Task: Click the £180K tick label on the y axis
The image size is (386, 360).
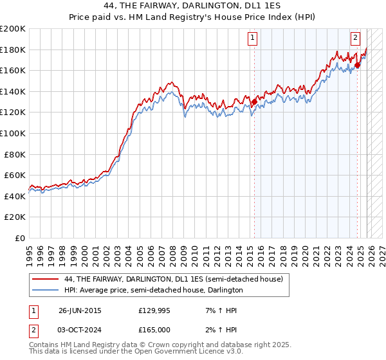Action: coord(12,50)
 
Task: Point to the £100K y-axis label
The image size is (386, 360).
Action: coord(12,133)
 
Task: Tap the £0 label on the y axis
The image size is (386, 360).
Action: coord(19,238)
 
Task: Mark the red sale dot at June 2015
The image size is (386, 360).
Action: coord(254,102)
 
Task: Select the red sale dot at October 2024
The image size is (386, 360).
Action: coord(357,65)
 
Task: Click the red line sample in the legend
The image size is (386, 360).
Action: coord(45,280)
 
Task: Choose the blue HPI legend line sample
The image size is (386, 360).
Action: coord(45,291)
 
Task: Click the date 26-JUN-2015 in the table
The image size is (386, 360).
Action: coord(80,310)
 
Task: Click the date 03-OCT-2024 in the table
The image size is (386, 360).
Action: coord(80,329)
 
